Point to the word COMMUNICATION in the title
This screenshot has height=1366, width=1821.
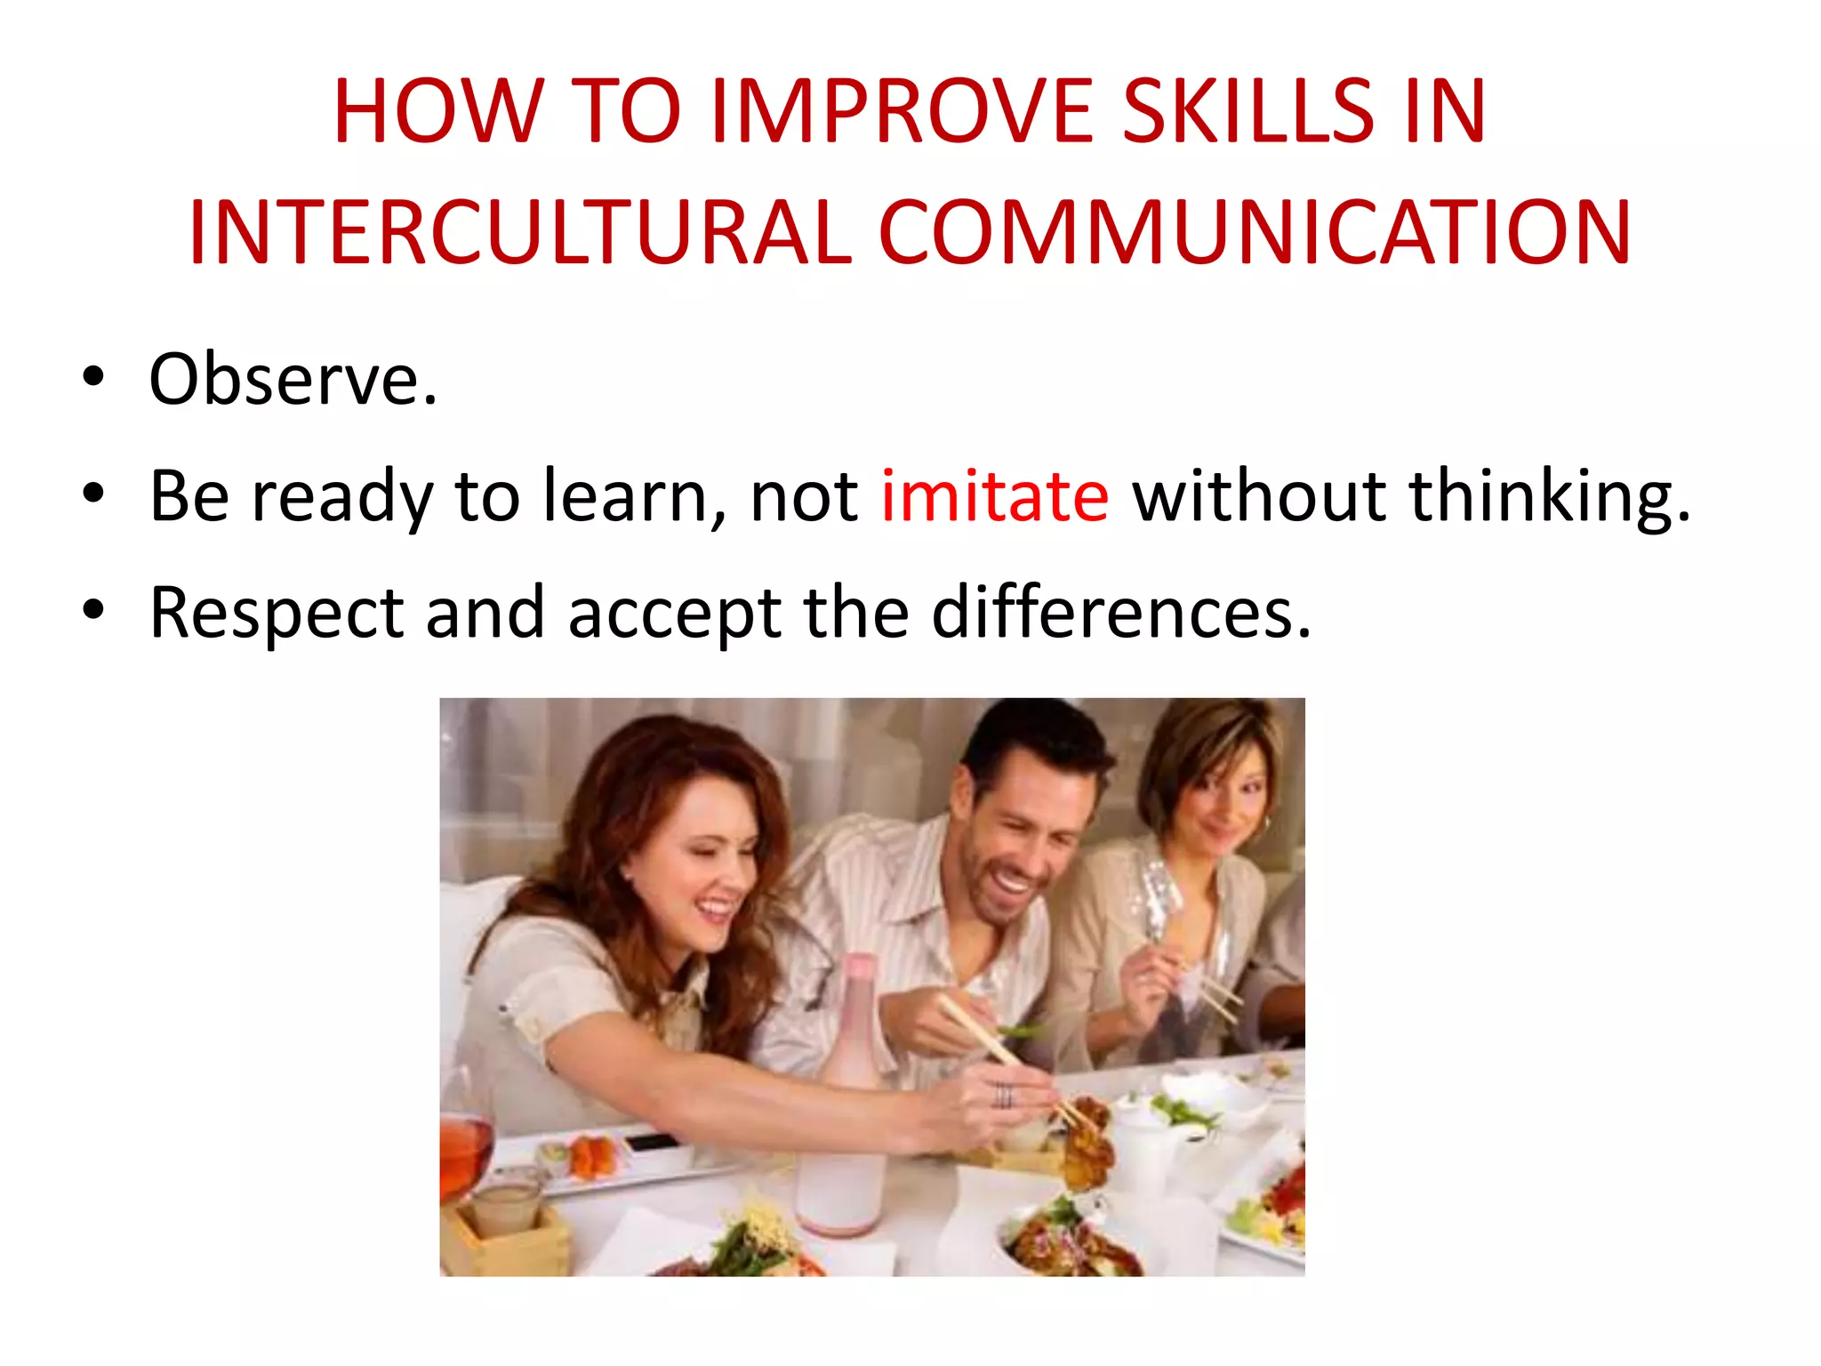coord(1255,232)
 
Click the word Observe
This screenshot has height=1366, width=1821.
coord(293,380)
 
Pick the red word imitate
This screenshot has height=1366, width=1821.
coord(994,495)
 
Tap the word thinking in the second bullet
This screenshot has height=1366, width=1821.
coord(1549,495)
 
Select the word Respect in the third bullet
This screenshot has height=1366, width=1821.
coord(277,613)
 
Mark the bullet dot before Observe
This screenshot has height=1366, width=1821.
coord(92,376)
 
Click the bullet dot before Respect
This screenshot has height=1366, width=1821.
coord(92,610)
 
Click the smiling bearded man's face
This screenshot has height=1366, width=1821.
coord(1023,836)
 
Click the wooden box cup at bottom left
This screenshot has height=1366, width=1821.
coord(505,1227)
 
